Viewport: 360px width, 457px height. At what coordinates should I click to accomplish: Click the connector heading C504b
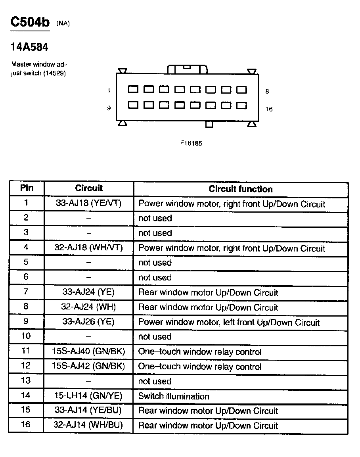pos(30,22)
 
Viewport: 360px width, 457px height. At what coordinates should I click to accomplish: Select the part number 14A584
pos(29,47)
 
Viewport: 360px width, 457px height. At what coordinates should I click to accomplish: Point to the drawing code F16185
pos(191,144)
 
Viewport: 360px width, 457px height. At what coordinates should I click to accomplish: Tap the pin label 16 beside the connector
pos(269,109)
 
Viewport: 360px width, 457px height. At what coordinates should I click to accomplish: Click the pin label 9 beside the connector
pos(109,108)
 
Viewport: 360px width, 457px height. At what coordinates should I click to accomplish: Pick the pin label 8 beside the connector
pos(267,91)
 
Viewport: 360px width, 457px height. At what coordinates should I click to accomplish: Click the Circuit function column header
pos(241,189)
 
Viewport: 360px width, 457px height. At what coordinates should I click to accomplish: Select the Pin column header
pos(27,188)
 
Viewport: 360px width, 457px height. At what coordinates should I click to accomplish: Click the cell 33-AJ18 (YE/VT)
pos(88,204)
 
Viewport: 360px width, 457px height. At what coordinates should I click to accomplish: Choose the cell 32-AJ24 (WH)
pos(88,307)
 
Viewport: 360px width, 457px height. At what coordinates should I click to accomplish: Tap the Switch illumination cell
pos(173,396)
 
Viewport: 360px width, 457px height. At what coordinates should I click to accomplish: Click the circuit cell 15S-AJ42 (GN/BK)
pos(88,366)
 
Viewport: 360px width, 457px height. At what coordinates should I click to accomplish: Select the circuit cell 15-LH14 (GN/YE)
pos(88,396)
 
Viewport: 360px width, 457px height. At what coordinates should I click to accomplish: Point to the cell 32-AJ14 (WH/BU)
pos(88,425)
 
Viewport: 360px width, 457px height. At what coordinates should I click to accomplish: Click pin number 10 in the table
pos(26,336)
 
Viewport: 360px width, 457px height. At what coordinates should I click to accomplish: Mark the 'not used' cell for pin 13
pos(155,381)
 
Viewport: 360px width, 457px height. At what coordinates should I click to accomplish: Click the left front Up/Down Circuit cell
pos(229,322)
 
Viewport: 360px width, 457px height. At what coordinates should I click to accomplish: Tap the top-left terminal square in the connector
pos(133,90)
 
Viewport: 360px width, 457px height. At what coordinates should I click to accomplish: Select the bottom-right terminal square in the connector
pos(241,106)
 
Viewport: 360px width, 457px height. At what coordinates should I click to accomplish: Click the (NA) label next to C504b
pos(63,23)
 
